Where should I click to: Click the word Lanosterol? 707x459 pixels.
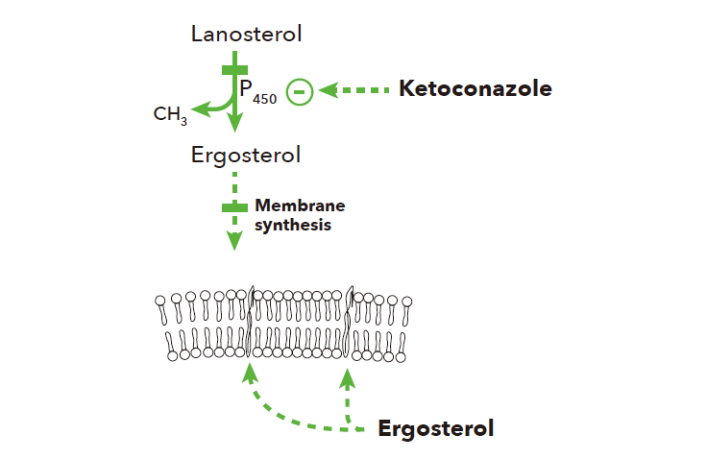(247, 36)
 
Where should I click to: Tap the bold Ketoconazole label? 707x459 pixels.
(475, 89)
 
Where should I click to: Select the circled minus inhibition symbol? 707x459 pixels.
(301, 91)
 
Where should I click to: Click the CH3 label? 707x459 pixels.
(170, 115)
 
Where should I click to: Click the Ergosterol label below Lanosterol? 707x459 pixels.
(246, 155)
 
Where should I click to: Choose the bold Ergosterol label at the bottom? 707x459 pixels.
(436, 428)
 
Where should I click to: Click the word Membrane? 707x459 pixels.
(300, 205)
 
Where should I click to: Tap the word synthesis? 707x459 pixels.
(293, 226)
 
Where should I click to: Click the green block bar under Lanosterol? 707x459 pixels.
(234, 69)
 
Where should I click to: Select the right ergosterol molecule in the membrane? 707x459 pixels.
(350, 321)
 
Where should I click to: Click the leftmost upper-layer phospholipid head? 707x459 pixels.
(160, 302)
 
